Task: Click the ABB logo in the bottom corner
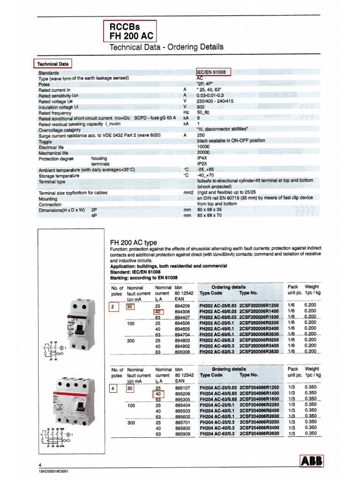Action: pyautogui.click(x=312, y=461)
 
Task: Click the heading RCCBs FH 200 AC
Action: pyautogui.click(x=129, y=31)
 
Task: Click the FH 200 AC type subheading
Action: pyautogui.click(x=133, y=242)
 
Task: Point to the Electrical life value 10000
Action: pyautogui.click(x=203, y=147)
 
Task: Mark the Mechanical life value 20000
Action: pyautogui.click(x=203, y=153)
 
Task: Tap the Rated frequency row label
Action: pyautogui.click(x=56, y=113)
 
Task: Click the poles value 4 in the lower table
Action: pyautogui.click(x=113, y=388)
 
